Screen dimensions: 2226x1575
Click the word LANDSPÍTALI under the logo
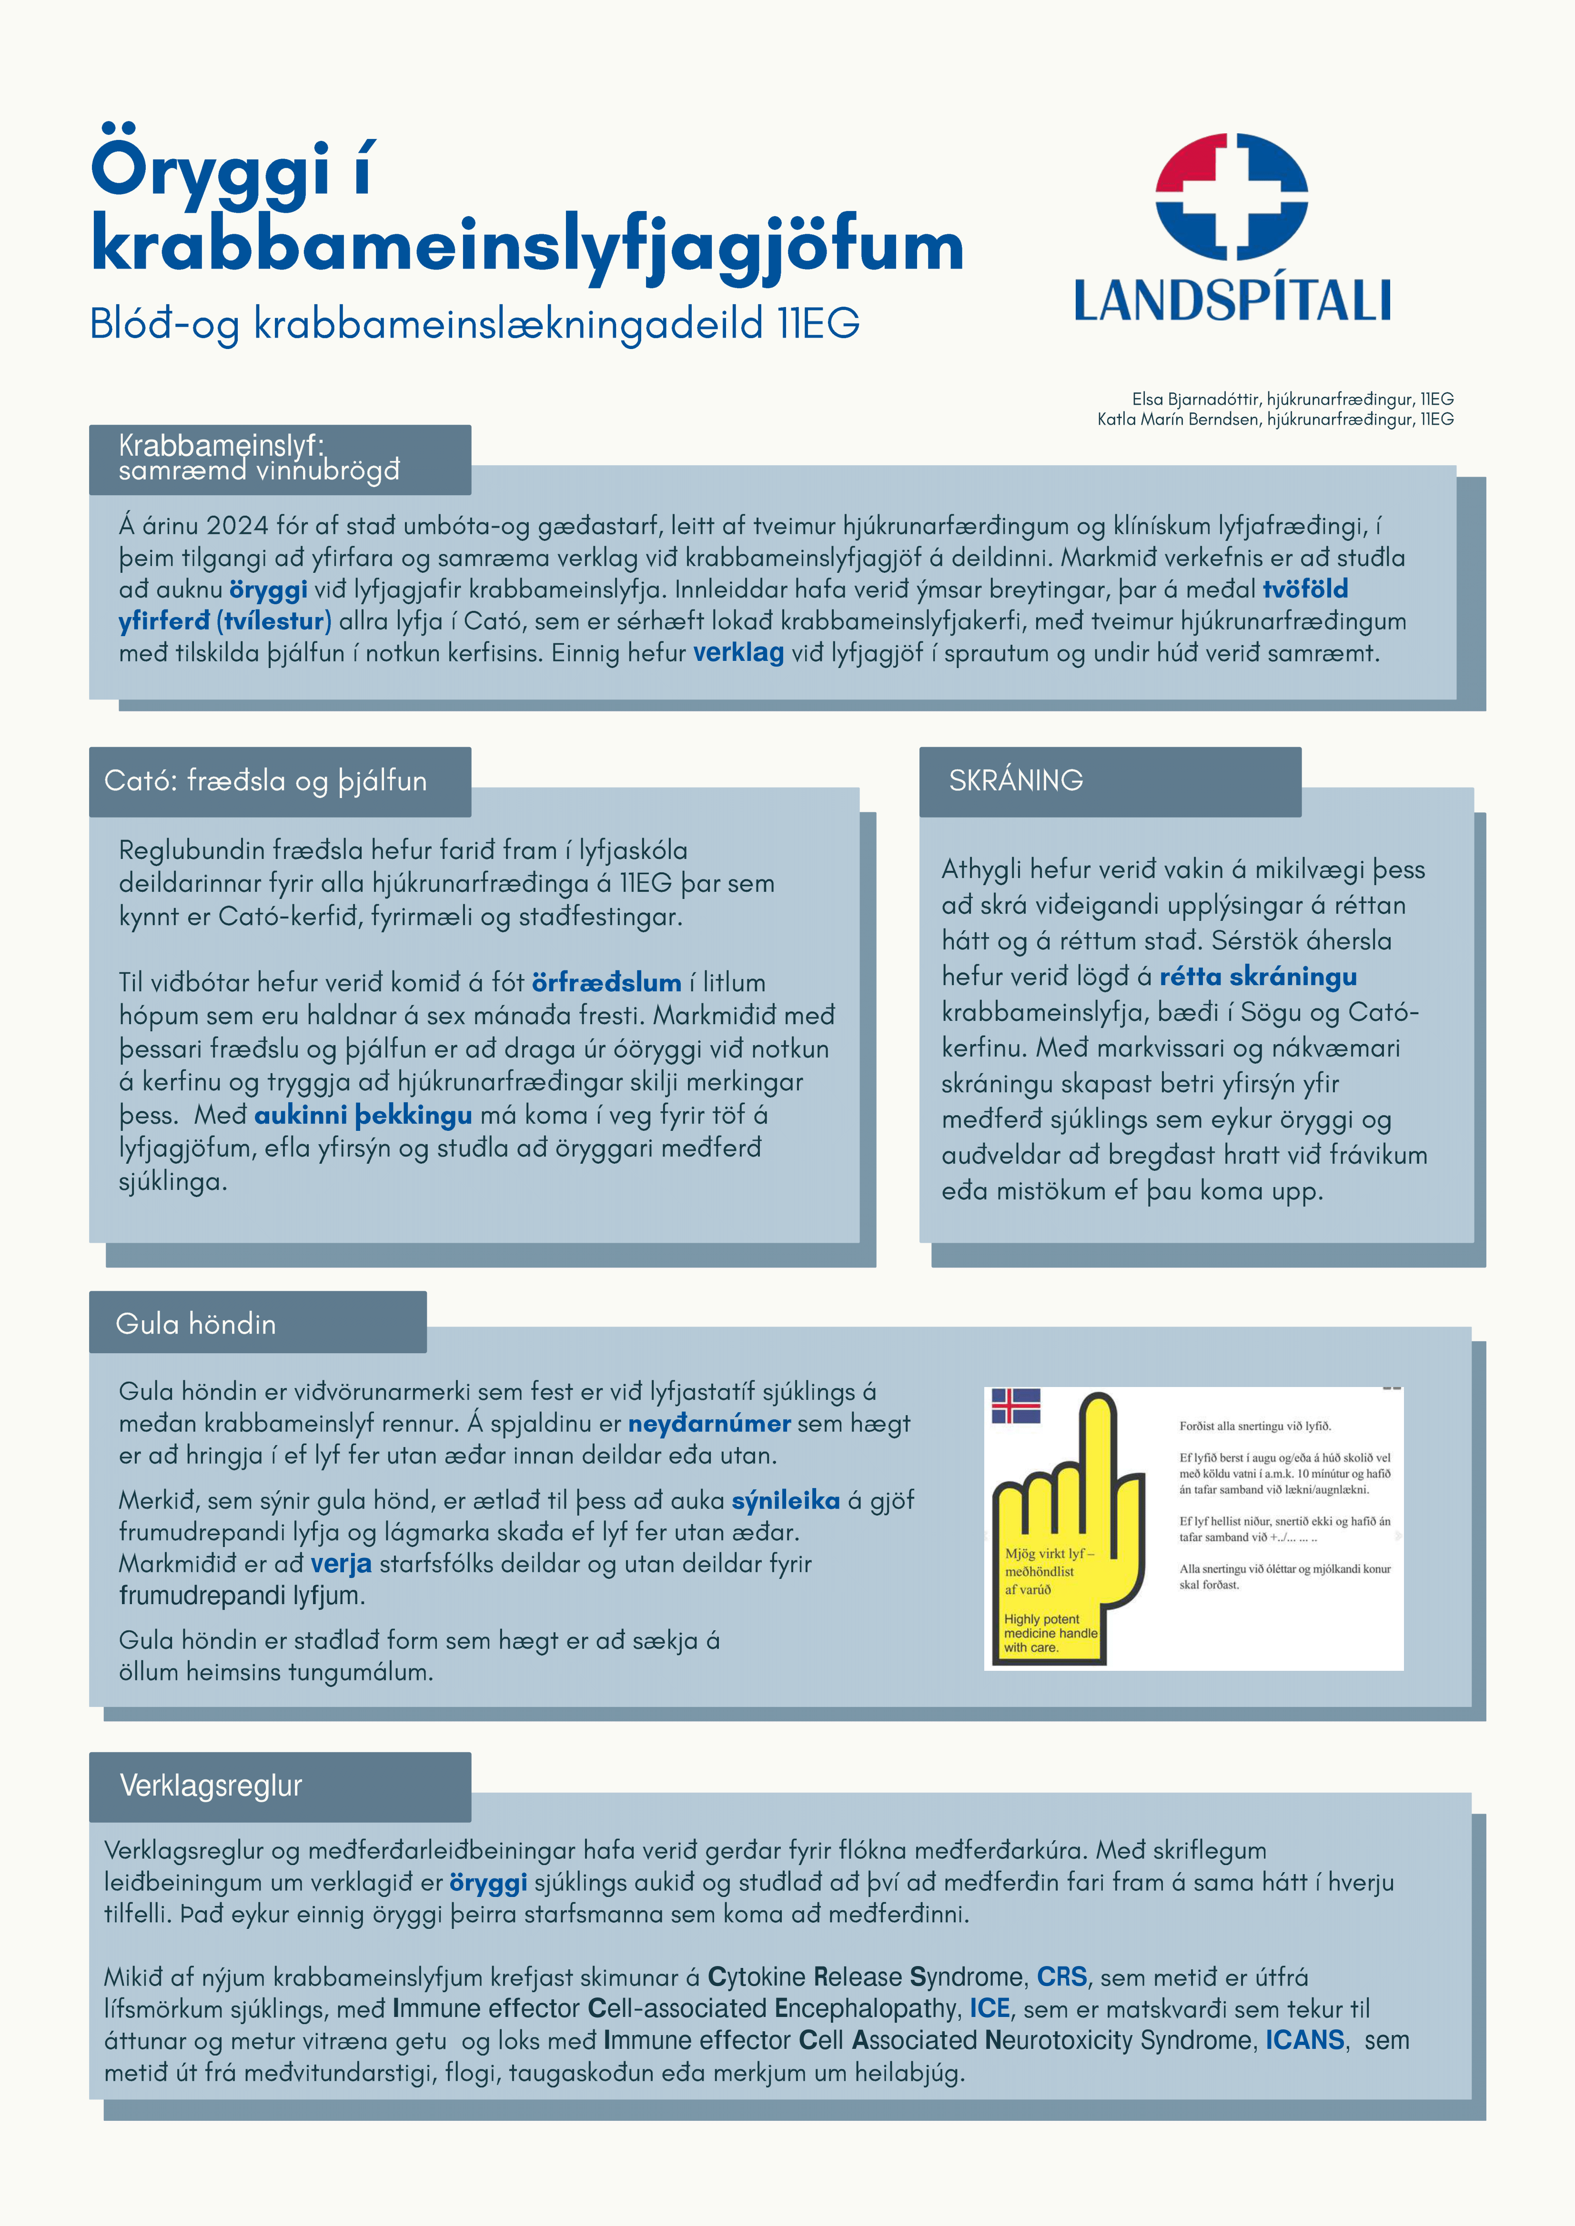1232,300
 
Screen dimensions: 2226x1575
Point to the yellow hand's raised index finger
1099,1454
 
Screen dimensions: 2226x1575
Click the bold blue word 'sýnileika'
786,1501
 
